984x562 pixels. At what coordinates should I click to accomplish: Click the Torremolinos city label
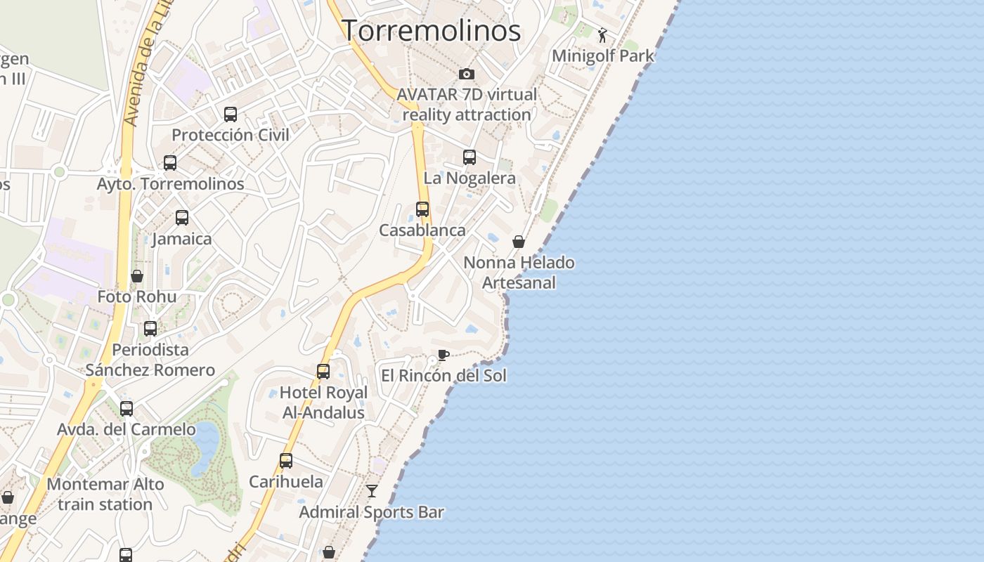click(431, 31)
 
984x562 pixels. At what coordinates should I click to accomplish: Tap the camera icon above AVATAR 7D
click(466, 74)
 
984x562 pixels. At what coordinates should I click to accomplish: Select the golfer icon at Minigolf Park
click(602, 34)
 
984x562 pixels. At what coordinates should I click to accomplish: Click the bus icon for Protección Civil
click(231, 115)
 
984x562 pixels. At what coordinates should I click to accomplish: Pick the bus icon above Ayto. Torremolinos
click(170, 163)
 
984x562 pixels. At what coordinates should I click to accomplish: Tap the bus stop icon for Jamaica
click(182, 218)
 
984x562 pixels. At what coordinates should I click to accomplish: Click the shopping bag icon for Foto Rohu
click(137, 276)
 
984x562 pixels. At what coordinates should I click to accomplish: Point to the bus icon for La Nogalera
click(470, 157)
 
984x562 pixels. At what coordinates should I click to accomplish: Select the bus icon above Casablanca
click(422, 209)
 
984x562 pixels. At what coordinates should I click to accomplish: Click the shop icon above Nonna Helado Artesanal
click(519, 242)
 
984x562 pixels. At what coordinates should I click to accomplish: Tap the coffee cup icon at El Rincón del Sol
click(443, 355)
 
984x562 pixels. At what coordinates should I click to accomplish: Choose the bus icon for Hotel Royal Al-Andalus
click(323, 372)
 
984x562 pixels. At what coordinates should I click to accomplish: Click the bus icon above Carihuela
click(286, 461)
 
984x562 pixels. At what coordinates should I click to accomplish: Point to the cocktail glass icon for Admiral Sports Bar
click(371, 491)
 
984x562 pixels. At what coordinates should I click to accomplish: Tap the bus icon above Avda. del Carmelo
click(127, 409)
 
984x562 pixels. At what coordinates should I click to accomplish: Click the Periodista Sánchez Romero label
click(150, 360)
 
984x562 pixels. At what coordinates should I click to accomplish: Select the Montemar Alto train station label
click(105, 494)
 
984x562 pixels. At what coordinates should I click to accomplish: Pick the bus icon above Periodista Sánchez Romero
click(150, 329)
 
